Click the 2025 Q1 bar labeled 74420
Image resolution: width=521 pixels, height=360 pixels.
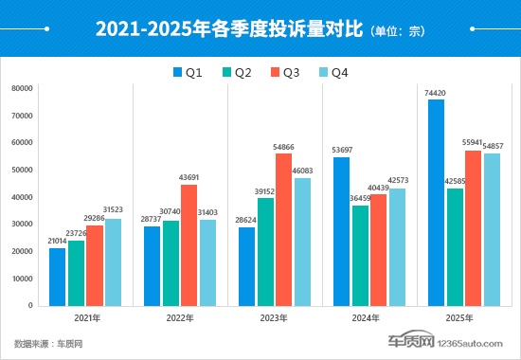point(436,203)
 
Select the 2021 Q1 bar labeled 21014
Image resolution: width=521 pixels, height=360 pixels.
point(58,277)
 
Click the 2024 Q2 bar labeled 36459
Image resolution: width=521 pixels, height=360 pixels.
point(360,256)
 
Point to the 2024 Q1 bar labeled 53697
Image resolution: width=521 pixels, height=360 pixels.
point(341,231)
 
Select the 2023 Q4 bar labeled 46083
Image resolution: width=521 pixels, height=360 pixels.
point(302,242)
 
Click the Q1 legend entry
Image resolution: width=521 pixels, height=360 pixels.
point(189,72)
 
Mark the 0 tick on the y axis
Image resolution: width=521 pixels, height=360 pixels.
point(32,305)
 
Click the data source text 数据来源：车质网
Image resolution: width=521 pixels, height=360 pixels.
point(47,342)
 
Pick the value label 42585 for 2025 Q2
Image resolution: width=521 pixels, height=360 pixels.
point(455,181)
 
